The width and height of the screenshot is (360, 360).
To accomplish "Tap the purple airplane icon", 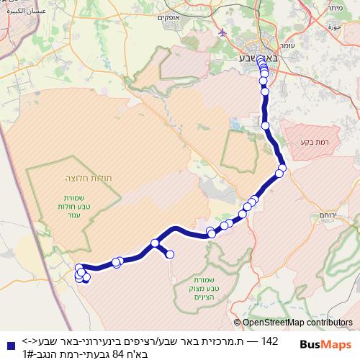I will point(220,33).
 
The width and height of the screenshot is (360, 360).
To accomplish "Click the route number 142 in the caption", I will point(269,340).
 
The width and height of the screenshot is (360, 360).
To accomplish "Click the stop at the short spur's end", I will point(171,253).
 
